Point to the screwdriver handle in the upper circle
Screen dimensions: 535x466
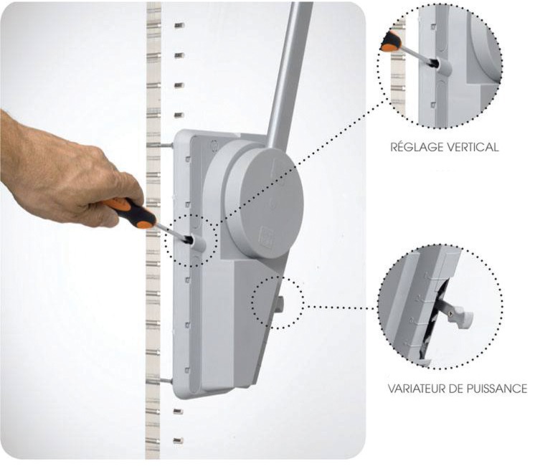click(x=390, y=42)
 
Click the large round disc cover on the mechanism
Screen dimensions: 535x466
click(x=262, y=203)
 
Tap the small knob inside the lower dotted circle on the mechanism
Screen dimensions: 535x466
click(x=281, y=304)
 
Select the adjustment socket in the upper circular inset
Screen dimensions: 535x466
click(x=442, y=66)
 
